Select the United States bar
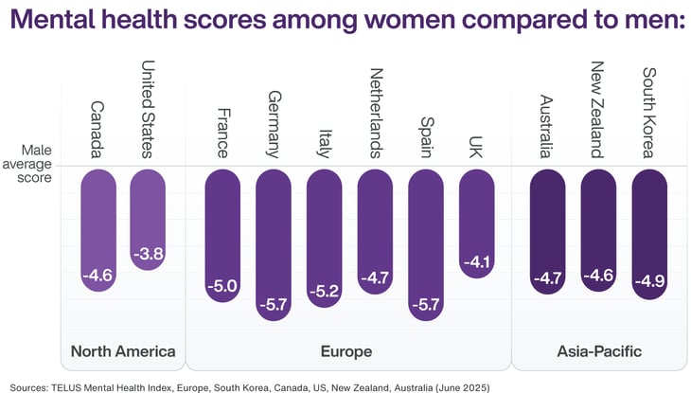[x=147, y=219]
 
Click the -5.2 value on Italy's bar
[x=324, y=292]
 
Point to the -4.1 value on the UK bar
[x=475, y=262]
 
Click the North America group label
[x=123, y=351]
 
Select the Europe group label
[x=347, y=351]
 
